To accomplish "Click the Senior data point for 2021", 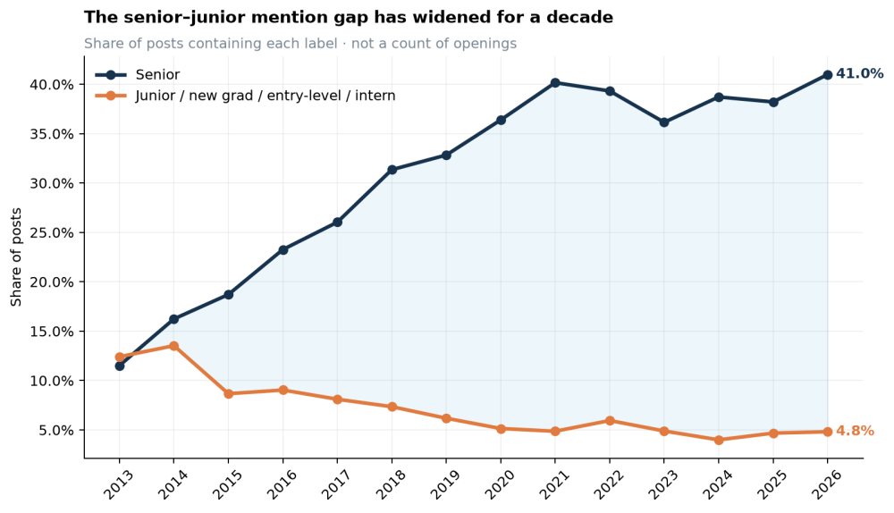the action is (555, 82).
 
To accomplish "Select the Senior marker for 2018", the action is (392, 170).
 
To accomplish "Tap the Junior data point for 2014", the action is (174, 346).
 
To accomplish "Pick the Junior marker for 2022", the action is (610, 421).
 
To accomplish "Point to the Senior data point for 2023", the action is (664, 122).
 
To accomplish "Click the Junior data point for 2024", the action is (719, 440).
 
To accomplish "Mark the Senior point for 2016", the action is (283, 249).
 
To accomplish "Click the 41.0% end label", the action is (860, 74).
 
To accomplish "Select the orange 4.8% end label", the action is (855, 431).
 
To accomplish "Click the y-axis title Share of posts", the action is (16, 257).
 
